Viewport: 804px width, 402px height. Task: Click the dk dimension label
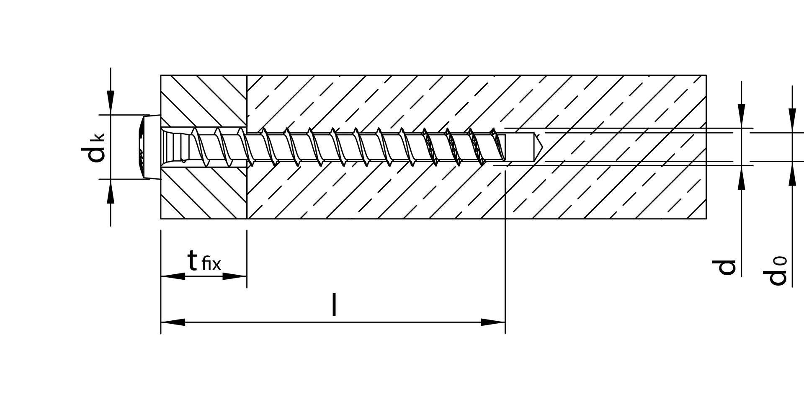(x=93, y=147)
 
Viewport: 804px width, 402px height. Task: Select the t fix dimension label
(x=204, y=261)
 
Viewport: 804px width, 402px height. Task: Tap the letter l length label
(x=334, y=304)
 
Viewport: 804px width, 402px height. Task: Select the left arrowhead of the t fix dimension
(x=173, y=276)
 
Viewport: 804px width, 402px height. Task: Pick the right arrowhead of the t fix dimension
(x=234, y=276)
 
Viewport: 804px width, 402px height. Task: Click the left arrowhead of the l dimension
(x=173, y=322)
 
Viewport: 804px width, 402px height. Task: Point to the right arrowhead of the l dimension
(x=493, y=322)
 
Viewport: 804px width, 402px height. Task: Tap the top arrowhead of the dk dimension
(x=111, y=103)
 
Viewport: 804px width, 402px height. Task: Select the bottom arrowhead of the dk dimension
(x=111, y=191)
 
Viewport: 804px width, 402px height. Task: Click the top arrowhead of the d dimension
(x=742, y=116)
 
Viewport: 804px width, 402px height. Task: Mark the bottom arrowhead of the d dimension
(x=742, y=178)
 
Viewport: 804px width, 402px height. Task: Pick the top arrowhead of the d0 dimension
(x=792, y=121)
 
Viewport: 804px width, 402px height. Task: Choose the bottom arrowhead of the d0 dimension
(x=792, y=173)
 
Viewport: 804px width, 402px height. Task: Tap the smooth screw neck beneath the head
(x=176, y=147)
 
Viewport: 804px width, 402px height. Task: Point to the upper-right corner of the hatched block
(x=706, y=75)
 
